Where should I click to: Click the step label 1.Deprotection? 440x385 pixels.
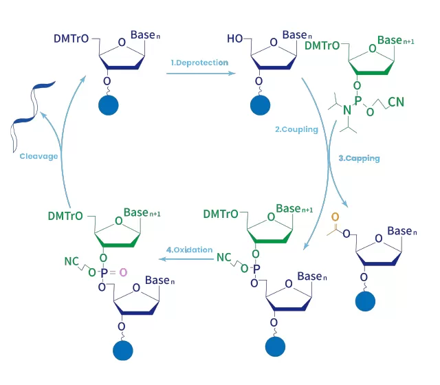pyautogui.click(x=199, y=63)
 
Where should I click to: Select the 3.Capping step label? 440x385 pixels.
pyautogui.click(x=359, y=158)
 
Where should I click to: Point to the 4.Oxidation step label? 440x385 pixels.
pyautogui.click(x=189, y=250)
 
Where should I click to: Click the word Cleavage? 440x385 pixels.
pyautogui.click(x=39, y=157)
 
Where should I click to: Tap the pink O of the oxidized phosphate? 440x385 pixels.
pyautogui.click(x=124, y=273)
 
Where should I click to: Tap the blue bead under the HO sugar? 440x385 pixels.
pyautogui.click(x=261, y=106)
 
